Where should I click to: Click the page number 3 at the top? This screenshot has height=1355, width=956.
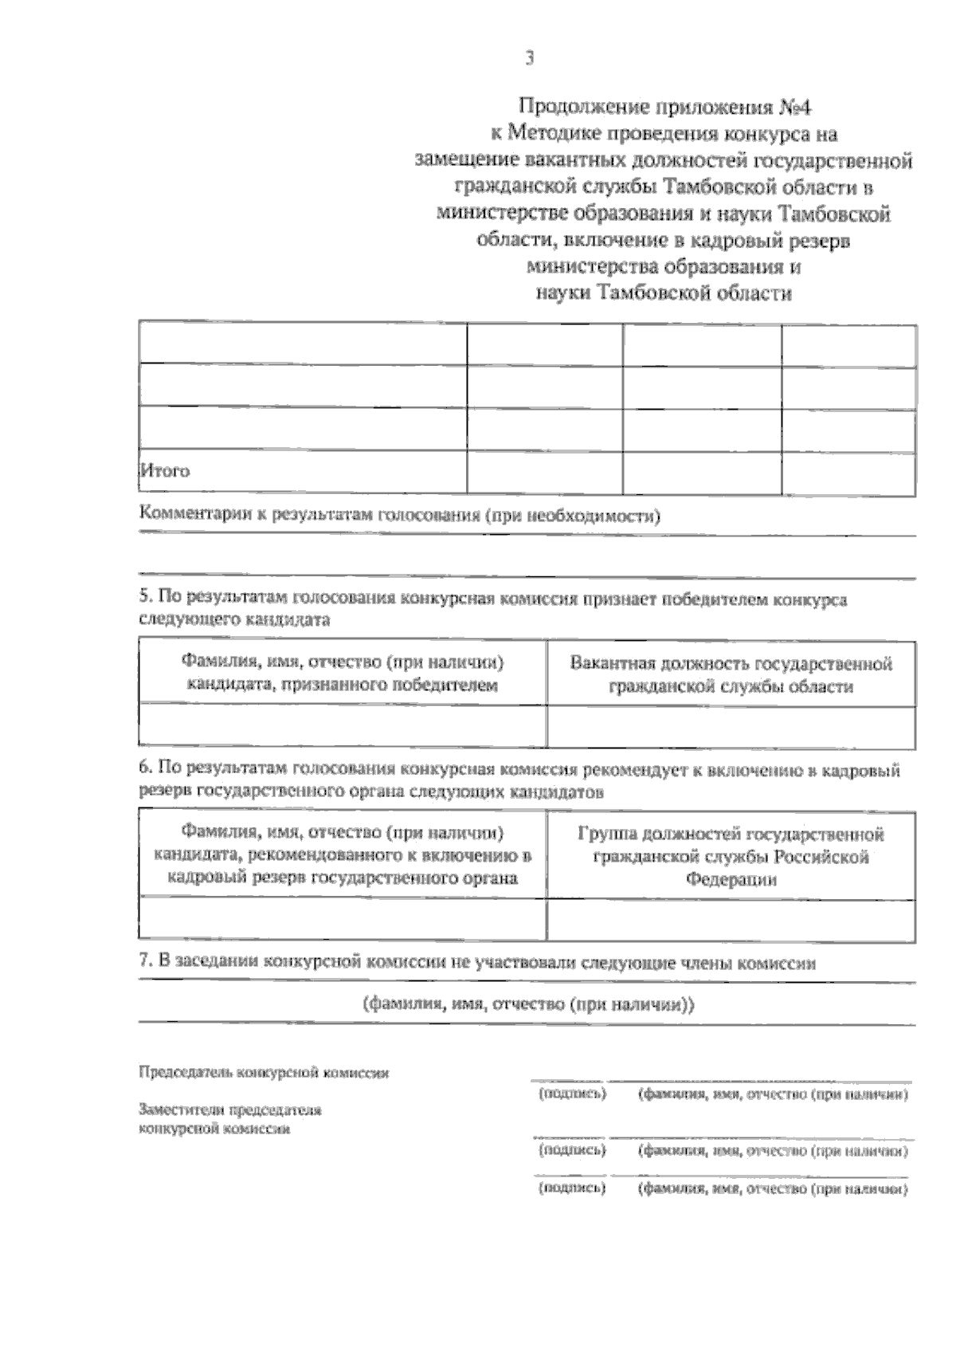[x=529, y=58]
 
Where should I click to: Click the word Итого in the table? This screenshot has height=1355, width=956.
[x=165, y=470]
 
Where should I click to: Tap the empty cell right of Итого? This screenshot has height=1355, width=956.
[x=544, y=472]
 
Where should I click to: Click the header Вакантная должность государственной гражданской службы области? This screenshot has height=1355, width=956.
[x=731, y=674]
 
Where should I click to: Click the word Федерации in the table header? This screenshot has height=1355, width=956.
[x=731, y=880]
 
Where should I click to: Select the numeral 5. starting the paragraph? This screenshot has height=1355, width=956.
[x=144, y=597]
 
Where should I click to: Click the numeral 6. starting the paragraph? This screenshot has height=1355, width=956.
[x=144, y=769]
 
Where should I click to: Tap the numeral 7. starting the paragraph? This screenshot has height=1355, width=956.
[x=144, y=962]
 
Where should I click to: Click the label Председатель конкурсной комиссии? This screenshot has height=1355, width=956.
[x=264, y=1073]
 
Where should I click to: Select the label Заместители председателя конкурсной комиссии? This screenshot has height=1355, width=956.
[x=230, y=1119]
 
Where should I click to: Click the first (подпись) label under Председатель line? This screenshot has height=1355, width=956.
[x=572, y=1094]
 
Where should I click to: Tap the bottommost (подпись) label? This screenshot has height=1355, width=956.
[x=572, y=1188]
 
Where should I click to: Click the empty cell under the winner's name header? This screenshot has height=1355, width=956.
[x=343, y=725]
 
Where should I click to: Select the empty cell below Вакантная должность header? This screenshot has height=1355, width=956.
[x=731, y=725]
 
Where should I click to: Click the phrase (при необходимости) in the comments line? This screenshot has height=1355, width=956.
[x=574, y=516]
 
